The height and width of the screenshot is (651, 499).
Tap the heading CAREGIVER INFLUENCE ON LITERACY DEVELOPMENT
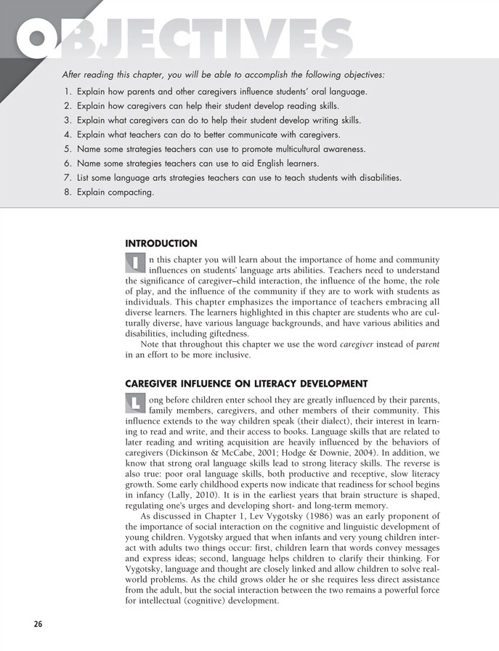pos(246,384)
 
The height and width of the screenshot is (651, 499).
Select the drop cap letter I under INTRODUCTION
pos(135,262)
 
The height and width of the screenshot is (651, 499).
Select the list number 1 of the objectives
pos(67,92)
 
